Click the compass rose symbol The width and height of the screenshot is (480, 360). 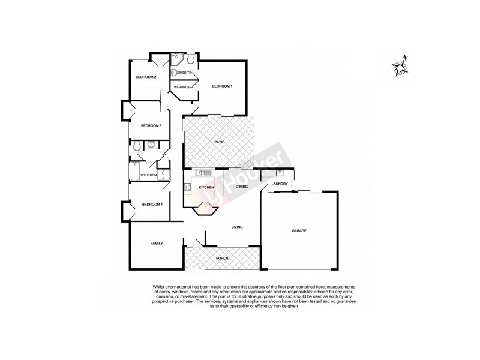(399, 66)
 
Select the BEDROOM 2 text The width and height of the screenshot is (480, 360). (145, 77)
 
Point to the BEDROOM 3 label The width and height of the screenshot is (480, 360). (151, 125)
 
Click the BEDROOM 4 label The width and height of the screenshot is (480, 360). (152, 205)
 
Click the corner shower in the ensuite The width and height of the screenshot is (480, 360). (176, 59)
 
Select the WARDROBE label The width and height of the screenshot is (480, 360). (182, 88)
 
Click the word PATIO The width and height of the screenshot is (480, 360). (220, 142)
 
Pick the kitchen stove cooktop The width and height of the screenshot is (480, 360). (187, 188)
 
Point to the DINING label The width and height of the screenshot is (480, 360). (242, 187)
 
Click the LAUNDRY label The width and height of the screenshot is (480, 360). (280, 184)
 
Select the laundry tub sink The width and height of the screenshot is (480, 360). (280, 173)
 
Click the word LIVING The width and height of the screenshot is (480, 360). (237, 227)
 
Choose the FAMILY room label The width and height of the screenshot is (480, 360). (157, 243)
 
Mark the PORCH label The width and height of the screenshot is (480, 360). (222, 258)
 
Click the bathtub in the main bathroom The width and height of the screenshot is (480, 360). (133, 172)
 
